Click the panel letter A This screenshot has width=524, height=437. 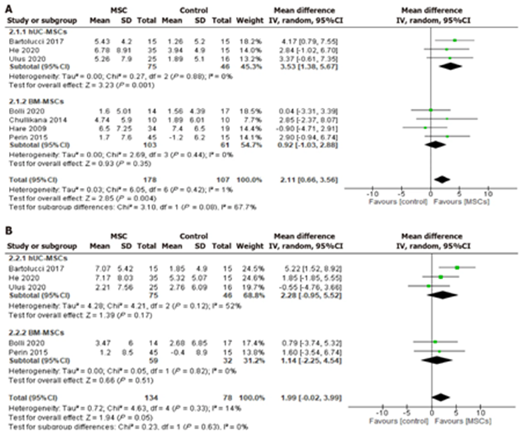(x=6, y=6)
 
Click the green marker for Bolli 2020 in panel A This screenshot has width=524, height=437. (x=431, y=109)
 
